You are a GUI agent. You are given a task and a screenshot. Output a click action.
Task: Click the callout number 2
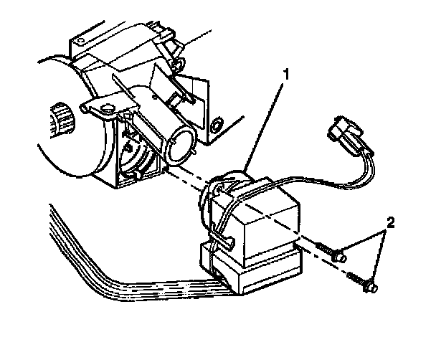[390, 224]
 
